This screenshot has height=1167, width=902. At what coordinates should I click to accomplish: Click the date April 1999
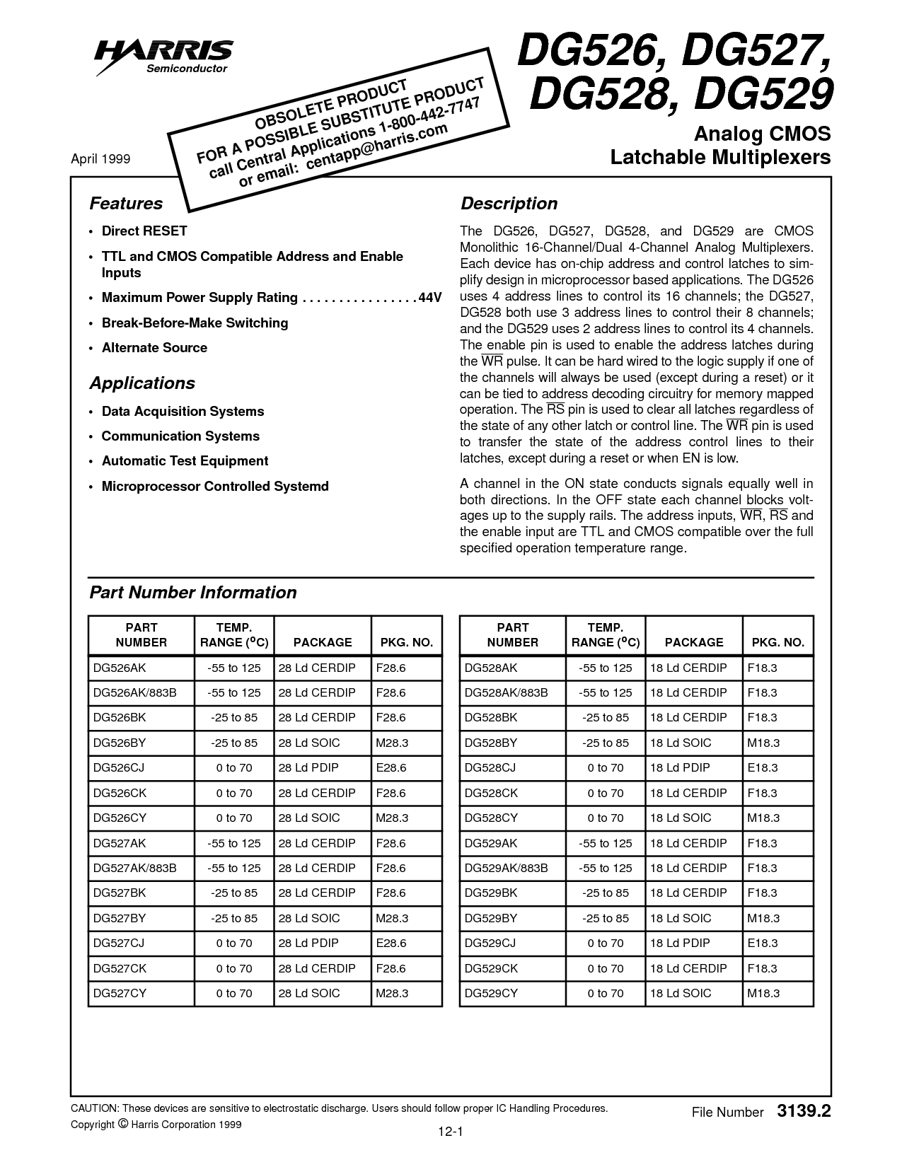[x=100, y=159]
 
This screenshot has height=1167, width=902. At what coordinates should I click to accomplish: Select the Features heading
[x=126, y=204]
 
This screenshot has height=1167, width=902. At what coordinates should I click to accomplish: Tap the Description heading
[x=509, y=204]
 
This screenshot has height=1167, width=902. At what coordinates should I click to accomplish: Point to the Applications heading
[x=142, y=383]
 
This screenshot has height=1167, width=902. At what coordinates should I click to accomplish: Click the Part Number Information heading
[x=193, y=593]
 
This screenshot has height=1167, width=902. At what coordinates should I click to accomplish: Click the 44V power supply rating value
[x=429, y=298]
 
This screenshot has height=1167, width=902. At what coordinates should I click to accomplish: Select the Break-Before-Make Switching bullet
[x=195, y=323]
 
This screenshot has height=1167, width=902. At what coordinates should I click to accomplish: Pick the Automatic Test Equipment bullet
[x=185, y=461]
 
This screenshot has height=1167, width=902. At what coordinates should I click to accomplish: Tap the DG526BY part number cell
[x=119, y=743]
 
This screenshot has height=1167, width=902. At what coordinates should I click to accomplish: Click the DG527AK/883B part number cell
[x=134, y=868]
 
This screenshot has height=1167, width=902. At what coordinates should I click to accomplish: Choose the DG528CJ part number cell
[x=490, y=767]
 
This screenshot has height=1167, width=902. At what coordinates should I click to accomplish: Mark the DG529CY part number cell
[x=491, y=993]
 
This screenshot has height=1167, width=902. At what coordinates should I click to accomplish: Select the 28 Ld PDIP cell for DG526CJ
[x=308, y=767]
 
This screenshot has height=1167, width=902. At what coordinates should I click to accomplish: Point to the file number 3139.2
[x=804, y=1111]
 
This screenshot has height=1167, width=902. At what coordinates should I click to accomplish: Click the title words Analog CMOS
[x=762, y=134]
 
